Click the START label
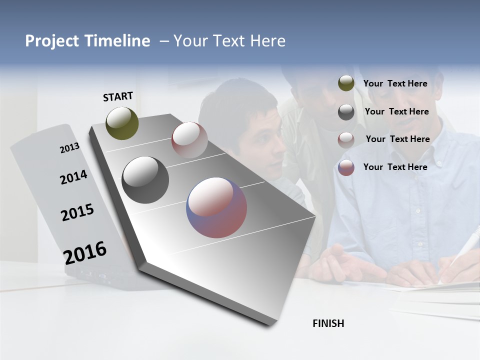tap(118, 96)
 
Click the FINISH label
tap(328, 323)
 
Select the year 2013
tap(69, 148)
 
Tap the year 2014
tap(73, 177)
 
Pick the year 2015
tap(77, 212)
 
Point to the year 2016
tap(85, 252)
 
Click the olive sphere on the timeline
tap(122, 123)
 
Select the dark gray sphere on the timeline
tap(145, 180)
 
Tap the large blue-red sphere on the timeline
tap(216, 207)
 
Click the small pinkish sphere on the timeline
tap(189, 139)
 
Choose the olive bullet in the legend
tap(346, 83)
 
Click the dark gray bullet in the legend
tap(346, 112)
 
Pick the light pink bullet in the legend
tap(346, 140)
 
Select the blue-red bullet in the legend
tap(346, 167)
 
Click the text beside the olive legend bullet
tap(395, 83)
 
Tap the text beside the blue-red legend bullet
tap(395, 167)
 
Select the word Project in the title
tap(52, 41)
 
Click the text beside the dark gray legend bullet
tap(396, 111)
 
